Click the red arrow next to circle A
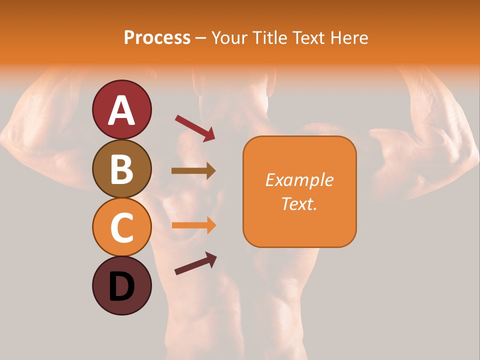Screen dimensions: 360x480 (195, 128)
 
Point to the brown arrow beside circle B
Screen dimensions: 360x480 (193, 171)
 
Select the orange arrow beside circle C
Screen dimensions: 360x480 (193, 225)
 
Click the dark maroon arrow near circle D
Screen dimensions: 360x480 (195, 263)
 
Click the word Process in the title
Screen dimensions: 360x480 (157, 38)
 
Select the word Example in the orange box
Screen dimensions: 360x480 (299, 180)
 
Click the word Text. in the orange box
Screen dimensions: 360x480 (299, 203)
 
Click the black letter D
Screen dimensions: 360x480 (121, 286)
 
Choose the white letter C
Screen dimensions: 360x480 (121, 228)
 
